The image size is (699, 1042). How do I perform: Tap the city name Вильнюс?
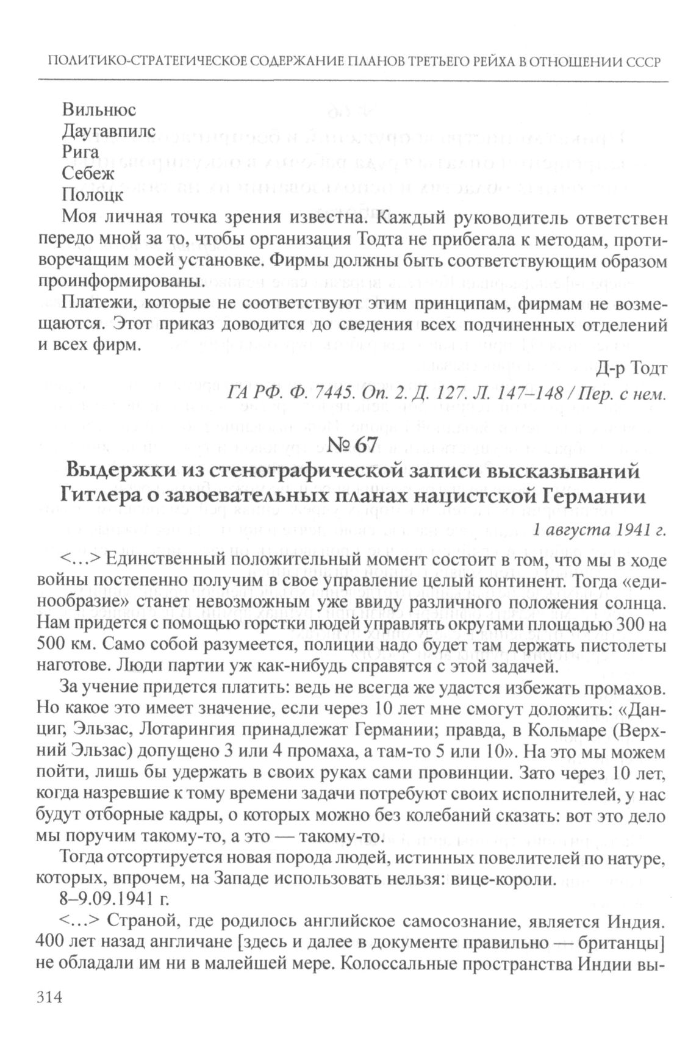click(99, 110)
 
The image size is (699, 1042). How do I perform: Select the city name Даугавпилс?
click(109, 132)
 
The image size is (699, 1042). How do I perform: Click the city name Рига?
click(81, 153)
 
